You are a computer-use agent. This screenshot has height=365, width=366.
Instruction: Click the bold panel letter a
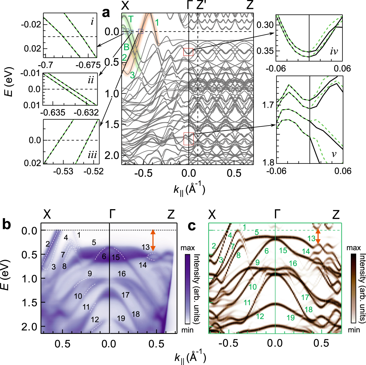[x=106, y=13]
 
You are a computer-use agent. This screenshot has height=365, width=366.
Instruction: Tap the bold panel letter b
[x=7, y=224]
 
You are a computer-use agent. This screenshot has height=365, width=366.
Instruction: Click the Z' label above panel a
[x=201, y=5]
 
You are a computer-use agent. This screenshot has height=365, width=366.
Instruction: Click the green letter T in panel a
[x=131, y=19]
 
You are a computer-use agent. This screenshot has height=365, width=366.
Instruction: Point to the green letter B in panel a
[x=126, y=47]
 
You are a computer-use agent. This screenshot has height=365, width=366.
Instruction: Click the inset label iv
[x=334, y=51]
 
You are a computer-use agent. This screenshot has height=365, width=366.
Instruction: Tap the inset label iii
[x=92, y=155]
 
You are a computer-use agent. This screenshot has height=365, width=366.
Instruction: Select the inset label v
[x=334, y=154]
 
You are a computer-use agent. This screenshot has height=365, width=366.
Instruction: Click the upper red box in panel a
[x=188, y=52]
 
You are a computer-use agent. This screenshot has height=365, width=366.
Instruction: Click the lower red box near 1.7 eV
[x=188, y=139]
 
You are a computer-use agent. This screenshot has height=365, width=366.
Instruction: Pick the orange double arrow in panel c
[x=318, y=237]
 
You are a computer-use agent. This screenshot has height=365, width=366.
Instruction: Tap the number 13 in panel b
[x=146, y=247]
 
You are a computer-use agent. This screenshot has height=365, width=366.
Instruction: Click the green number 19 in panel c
[x=291, y=318]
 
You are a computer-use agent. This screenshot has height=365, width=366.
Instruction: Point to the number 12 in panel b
[x=95, y=320]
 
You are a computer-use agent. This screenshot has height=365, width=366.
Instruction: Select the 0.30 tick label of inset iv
[x=265, y=25]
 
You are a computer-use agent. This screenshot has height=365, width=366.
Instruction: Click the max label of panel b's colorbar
[x=188, y=248]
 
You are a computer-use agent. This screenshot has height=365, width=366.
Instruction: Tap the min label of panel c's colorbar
[x=354, y=330]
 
